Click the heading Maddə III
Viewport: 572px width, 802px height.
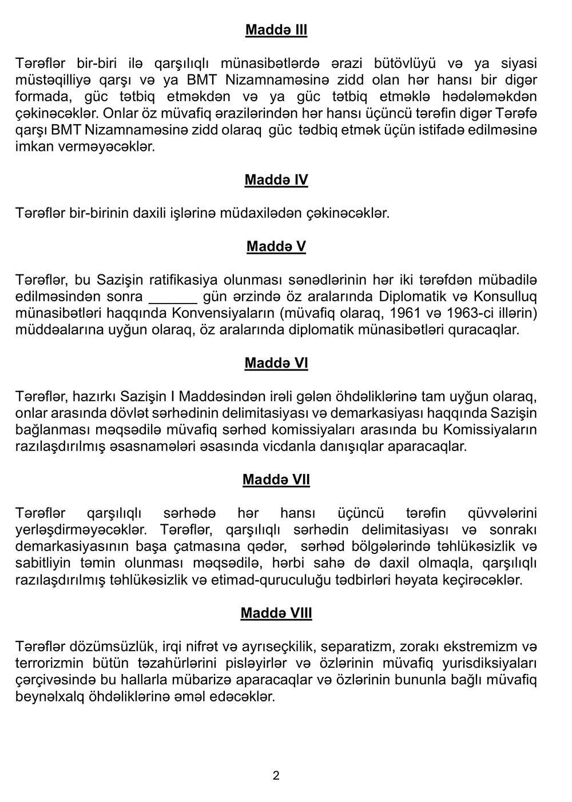pyautogui.click(x=276, y=30)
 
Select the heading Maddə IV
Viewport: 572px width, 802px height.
pyautogui.click(x=276, y=180)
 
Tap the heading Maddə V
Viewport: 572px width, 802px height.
pyautogui.click(x=276, y=246)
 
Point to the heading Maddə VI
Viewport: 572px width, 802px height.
pyautogui.click(x=276, y=363)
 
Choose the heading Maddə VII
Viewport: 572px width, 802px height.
pyautogui.click(x=276, y=480)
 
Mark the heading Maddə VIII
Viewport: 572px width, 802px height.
pyautogui.click(x=276, y=613)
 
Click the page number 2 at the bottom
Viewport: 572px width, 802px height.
pyautogui.click(x=276, y=776)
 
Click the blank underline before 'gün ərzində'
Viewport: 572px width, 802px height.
pyautogui.click(x=173, y=297)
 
